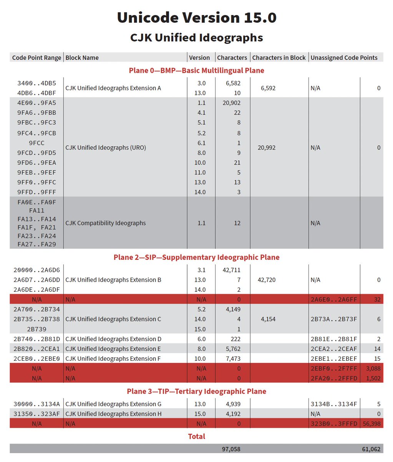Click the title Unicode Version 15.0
[x=196, y=18]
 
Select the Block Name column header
[x=82, y=58]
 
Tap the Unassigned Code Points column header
[x=344, y=58]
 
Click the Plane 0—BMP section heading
[x=196, y=70]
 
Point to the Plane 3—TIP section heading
[x=196, y=391]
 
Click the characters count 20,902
[x=231, y=103]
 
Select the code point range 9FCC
[x=36, y=143]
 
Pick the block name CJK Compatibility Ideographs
[x=106, y=223]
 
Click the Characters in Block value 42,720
[x=268, y=280]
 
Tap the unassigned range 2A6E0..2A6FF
[x=333, y=300]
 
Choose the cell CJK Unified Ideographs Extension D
[x=113, y=339]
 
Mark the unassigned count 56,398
[x=371, y=423]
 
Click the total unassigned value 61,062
[x=371, y=449]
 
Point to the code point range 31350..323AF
[x=36, y=414]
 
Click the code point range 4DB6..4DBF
[x=36, y=93]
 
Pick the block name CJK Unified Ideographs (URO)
[x=106, y=147]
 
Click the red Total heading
[x=196, y=436]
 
